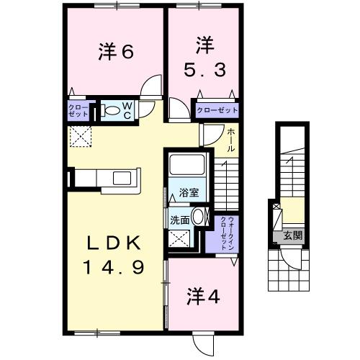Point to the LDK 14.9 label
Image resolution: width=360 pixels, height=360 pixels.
(x=117, y=255)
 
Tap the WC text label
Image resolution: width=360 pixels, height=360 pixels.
(x=127, y=110)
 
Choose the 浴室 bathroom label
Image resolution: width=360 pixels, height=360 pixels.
(x=189, y=193)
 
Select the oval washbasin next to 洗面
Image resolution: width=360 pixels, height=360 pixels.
(x=199, y=219)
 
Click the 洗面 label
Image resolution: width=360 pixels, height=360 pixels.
(x=180, y=220)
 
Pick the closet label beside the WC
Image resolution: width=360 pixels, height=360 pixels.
(x=78, y=110)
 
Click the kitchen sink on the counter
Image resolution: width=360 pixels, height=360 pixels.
(x=119, y=178)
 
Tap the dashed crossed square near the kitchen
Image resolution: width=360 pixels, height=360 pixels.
(x=77, y=135)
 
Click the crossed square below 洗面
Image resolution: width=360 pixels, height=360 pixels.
(x=177, y=240)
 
